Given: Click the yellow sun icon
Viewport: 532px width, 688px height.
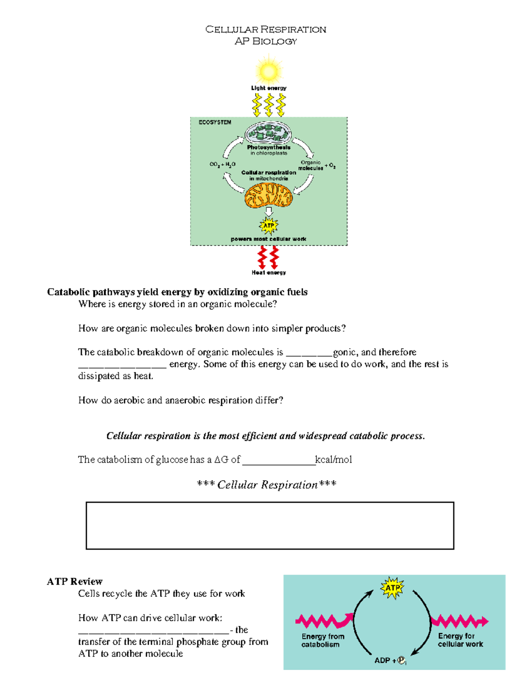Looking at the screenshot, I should pyautogui.click(x=269, y=71).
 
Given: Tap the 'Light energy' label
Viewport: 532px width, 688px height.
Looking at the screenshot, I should pyautogui.click(x=269, y=88).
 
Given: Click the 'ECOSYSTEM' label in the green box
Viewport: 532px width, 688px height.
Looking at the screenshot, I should pyautogui.click(x=215, y=122).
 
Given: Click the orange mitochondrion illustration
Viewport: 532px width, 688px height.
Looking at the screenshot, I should pyautogui.click(x=269, y=195).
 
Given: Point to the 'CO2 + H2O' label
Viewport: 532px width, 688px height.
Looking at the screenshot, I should pyautogui.click(x=223, y=164).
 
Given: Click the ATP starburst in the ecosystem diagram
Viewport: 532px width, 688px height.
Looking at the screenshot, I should pyautogui.click(x=269, y=225).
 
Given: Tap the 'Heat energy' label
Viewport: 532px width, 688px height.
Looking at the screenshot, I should pyautogui.click(x=269, y=272).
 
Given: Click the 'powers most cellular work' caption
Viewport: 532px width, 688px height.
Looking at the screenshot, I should pyautogui.click(x=268, y=239).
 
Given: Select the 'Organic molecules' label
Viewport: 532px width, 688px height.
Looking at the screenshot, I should pyautogui.click(x=311, y=165).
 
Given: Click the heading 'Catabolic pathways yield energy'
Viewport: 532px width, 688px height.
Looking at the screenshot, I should pyautogui.click(x=177, y=292).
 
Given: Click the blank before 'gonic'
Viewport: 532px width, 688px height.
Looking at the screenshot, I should pyautogui.click(x=309, y=353).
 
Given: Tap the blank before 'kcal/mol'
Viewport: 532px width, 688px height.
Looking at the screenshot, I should pyautogui.click(x=278, y=461).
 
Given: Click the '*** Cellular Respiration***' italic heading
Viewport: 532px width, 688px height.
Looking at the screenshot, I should pyautogui.click(x=266, y=485).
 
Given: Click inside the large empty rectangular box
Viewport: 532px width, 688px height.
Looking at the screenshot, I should pyautogui.click(x=270, y=525).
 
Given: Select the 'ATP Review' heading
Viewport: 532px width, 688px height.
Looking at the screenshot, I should pyautogui.click(x=74, y=581).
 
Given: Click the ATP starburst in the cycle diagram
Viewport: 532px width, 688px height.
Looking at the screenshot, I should pyautogui.click(x=392, y=588).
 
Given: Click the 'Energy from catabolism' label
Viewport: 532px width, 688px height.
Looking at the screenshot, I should pyautogui.click(x=323, y=640).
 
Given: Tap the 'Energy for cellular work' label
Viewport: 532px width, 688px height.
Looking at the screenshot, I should pyautogui.click(x=460, y=640).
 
